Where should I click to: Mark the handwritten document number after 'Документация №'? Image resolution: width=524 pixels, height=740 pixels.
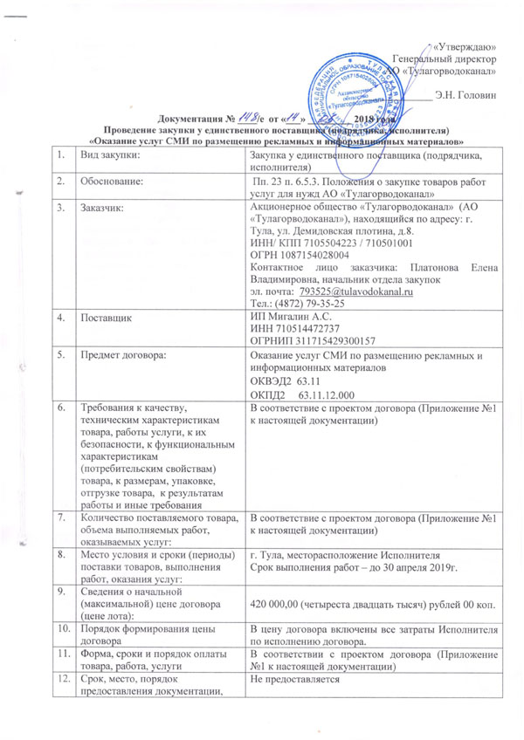point(206,119)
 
